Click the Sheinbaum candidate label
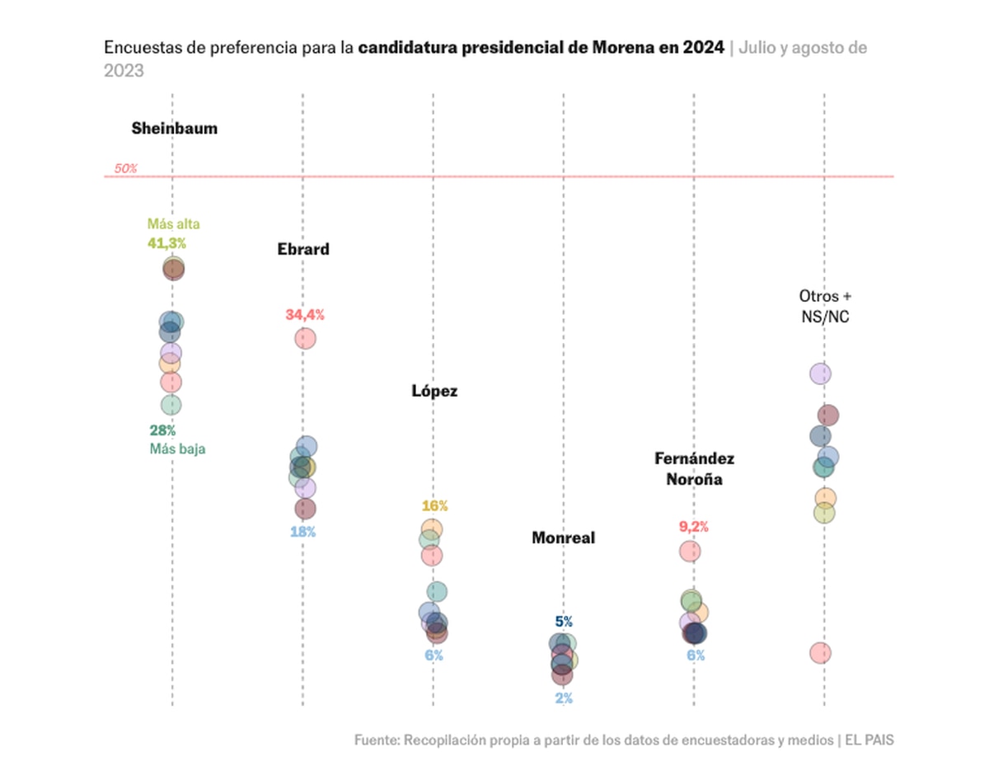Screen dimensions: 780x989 coord(174,129)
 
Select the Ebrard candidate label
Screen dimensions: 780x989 coord(303,249)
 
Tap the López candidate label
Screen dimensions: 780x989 coord(434,391)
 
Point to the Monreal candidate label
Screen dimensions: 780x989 coord(563,538)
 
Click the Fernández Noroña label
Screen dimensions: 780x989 coord(694,468)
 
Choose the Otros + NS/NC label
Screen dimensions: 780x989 coord(823,305)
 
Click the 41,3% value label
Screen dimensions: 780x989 coord(167,243)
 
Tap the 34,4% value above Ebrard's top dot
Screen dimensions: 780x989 coord(305,315)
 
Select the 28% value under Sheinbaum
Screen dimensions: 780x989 coord(162,430)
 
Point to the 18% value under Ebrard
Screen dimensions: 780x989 coord(302,532)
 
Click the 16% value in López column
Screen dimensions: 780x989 coord(434,506)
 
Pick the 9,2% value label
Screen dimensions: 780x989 coord(694,527)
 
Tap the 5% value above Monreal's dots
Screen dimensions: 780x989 coord(564,622)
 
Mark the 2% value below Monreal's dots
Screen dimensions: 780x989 coord(564,698)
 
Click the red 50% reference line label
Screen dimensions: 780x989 coord(125,168)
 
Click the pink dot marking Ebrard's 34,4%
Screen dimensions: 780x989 coord(305,338)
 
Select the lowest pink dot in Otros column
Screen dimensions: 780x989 coord(819,653)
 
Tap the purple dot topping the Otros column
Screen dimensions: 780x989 coord(819,374)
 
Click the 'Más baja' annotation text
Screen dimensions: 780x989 coord(177,449)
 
